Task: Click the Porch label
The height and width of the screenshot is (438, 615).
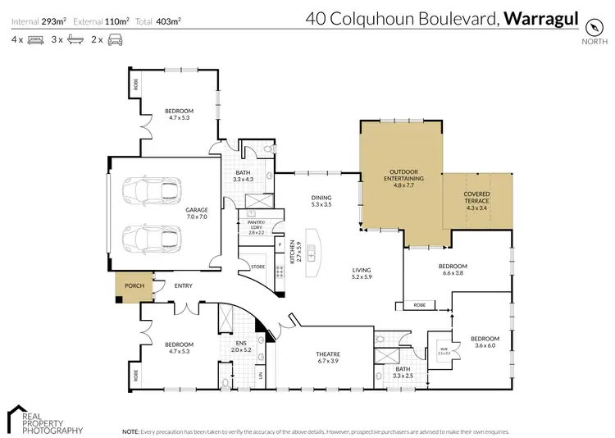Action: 133,285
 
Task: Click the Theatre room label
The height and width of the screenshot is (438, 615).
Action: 327,354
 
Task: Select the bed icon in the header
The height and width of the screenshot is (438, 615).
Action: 34,39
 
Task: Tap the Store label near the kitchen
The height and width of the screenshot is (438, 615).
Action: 257,266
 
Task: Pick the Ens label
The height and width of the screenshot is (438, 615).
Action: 241,343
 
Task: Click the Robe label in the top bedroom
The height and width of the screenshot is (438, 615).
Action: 136,84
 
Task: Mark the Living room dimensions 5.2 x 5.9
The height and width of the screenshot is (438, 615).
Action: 362,277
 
